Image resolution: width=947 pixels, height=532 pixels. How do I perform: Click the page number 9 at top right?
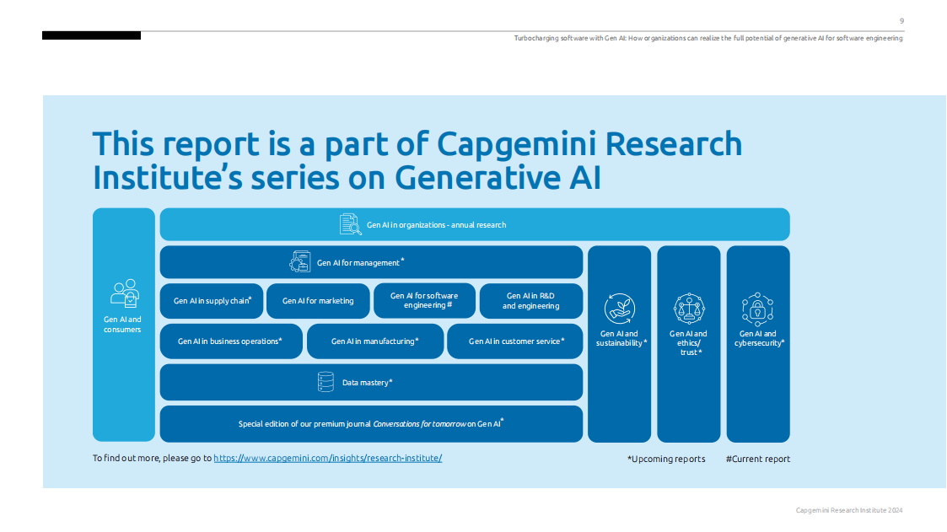[x=901, y=21]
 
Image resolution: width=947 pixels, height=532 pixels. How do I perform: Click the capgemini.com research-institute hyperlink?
[x=327, y=458]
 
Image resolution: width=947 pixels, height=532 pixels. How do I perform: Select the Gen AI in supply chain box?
[x=212, y=301]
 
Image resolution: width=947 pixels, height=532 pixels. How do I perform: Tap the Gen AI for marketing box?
[x=318, y=301]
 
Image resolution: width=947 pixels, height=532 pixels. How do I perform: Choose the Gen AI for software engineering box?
[x=424, y=301]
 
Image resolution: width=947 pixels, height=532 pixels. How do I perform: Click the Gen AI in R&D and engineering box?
[x=530, y=301]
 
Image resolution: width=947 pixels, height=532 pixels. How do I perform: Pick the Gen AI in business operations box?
[x=230, y=341]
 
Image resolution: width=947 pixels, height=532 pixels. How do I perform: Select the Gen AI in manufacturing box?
[x=374, y=341]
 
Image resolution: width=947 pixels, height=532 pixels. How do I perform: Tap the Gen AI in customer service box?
[x=514, y=341]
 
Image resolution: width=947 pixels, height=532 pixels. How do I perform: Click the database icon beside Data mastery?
[x=326, y=382]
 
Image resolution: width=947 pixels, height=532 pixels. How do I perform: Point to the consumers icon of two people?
[x=124, y=293]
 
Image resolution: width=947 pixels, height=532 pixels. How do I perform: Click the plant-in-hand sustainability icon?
[x=620, y=309]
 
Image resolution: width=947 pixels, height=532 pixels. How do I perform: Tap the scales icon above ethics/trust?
[x=689, y=309]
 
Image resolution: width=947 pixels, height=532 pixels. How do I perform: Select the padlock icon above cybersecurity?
[x=757, y=309]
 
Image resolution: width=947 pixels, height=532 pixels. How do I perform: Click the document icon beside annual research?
[x=350, y=224]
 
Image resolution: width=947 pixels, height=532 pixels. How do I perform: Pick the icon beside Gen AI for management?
[x=300, y=262]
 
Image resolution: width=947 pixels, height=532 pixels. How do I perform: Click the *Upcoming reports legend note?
[x=666, y=459]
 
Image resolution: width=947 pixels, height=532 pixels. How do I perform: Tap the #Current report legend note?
[x=757, y=459]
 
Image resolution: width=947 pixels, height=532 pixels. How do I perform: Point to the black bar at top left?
[x=91, y=35]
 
